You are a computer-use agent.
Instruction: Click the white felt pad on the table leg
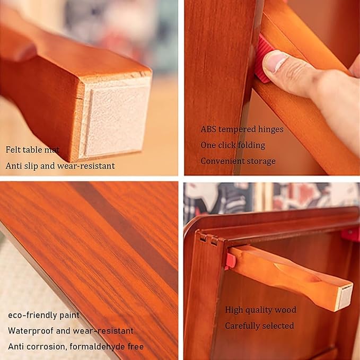point(117,119)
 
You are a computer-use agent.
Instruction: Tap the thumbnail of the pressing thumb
point(275,61)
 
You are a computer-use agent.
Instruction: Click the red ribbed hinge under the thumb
point(264,58)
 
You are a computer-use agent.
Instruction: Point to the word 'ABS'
point(208,129)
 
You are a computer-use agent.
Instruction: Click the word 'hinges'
point(271,129)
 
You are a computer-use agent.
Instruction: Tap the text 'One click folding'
point(233,145)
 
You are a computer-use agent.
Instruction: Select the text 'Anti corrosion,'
point(38,346)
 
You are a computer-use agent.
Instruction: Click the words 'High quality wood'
point(260,310)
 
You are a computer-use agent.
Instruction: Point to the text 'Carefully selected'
point(259,326)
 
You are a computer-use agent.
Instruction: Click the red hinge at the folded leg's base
point(231,261)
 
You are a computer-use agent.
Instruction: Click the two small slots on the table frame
point(208,240)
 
